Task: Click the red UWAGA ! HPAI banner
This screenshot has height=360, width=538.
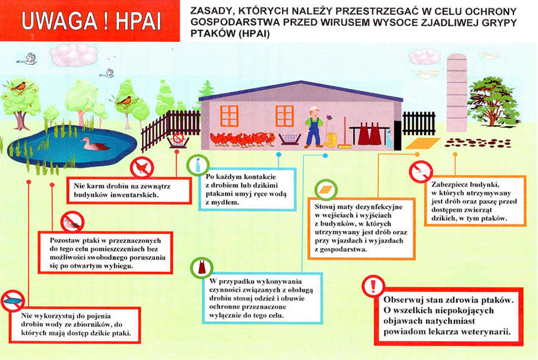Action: (x=89, y=21)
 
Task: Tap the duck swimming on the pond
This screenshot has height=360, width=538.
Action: (x=94, y=144)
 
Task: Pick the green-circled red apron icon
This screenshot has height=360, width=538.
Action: (x=200, y=266)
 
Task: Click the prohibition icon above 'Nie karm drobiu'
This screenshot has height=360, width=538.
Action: (x=142, y=167)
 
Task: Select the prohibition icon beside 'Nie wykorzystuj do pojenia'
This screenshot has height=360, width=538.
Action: (x=12, y=300)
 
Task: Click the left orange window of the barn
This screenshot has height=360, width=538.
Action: (x=229, y=116)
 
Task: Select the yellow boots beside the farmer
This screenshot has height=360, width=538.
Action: (x=330, y=141)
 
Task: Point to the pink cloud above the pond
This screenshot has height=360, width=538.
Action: (x=73, y=55)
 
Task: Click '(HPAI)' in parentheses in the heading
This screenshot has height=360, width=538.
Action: (x=248, y=35)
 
